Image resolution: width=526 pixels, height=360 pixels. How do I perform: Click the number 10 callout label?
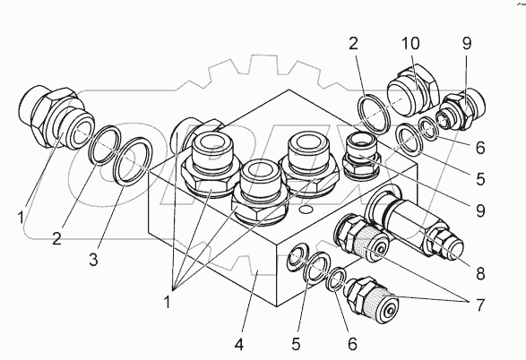[x=410, y=44]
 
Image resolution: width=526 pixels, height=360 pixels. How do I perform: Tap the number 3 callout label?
[x=93, y=259]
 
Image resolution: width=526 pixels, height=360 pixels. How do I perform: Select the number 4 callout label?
[x=239, y=344]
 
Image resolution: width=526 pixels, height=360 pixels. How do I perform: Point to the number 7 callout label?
[x=480, y=305]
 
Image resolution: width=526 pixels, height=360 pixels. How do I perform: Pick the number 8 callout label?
[x=480, y=273]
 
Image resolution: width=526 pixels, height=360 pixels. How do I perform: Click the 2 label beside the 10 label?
[x=354, y=44]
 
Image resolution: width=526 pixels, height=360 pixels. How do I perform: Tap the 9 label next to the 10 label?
[x=467, y=44]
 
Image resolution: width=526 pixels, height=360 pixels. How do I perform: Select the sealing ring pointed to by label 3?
[x=133, y=161]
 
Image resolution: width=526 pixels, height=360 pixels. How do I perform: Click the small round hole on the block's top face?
[x=306, y=210]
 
